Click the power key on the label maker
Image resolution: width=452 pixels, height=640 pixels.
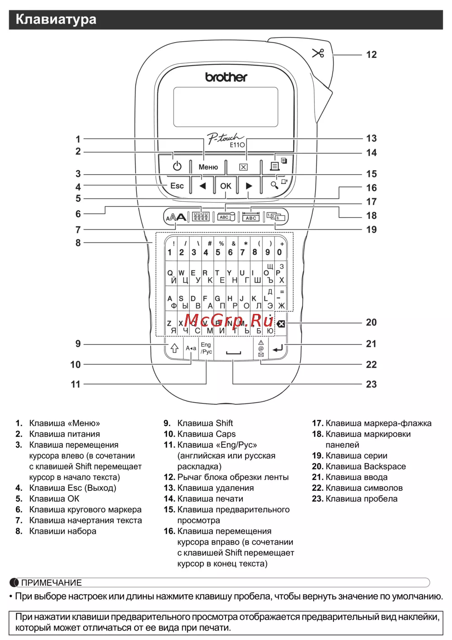[177, 166]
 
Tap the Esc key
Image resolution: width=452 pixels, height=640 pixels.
[177, 186]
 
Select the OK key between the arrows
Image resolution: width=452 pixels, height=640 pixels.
[226, 186]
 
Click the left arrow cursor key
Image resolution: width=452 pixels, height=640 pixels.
[202, 186]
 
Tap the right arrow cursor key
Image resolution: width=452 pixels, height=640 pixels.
[249, 186]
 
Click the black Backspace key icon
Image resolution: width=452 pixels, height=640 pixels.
[281, 324]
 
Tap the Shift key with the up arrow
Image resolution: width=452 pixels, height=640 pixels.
[174, 348]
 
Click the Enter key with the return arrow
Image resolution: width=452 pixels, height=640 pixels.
[278, 348]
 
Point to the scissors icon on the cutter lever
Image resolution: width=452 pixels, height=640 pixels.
[318, 53]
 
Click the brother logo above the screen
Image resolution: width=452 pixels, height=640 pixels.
[226, 77]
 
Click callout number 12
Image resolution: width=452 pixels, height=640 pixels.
[371, 55]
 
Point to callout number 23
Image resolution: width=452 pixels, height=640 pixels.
[371, 384]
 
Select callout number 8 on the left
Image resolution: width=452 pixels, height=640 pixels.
[78, 243]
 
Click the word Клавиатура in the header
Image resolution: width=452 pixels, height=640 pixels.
[56, 19]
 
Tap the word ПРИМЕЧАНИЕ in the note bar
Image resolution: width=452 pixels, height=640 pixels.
[51, 583]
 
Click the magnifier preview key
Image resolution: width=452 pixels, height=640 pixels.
[275, 185]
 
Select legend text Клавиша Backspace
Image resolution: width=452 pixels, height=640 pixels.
[366, 466]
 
